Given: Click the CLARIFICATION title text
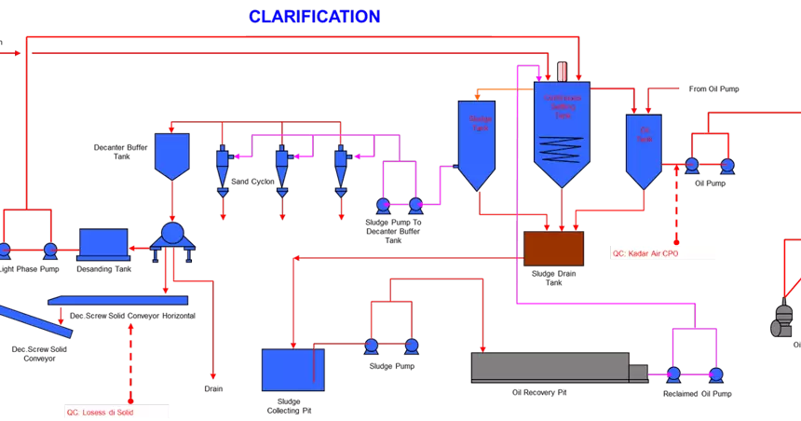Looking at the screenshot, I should coord(314,17).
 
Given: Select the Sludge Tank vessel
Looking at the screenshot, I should coord(476,140).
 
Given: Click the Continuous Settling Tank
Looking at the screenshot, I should coord(562,126).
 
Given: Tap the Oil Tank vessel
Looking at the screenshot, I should coord(644,147).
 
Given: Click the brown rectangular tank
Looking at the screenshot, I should coord(553,249).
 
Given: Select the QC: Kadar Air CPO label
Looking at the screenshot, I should coord(662,252).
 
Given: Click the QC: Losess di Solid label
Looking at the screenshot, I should coord(116,411).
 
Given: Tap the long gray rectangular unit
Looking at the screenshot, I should coord(550,367).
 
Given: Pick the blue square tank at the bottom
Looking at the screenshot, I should coord(292,370).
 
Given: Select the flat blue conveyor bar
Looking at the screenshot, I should coord(118,300).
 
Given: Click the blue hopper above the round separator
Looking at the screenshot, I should coord(172,154).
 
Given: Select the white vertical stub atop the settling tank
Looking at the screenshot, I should coord(563,72).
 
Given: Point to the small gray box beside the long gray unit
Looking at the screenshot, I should coord(638,373).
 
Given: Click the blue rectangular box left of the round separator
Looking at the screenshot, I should coord(103,243).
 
